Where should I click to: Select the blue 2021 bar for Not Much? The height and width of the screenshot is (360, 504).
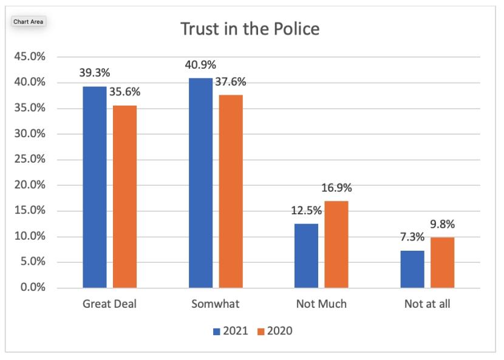306,256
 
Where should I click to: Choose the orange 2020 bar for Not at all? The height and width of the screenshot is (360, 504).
442,262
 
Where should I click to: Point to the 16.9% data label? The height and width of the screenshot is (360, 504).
336,189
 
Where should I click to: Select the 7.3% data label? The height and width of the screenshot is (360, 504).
412,238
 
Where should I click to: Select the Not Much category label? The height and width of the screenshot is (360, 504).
321,304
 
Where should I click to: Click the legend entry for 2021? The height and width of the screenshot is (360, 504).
230,331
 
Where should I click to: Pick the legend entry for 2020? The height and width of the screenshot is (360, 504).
274,331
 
